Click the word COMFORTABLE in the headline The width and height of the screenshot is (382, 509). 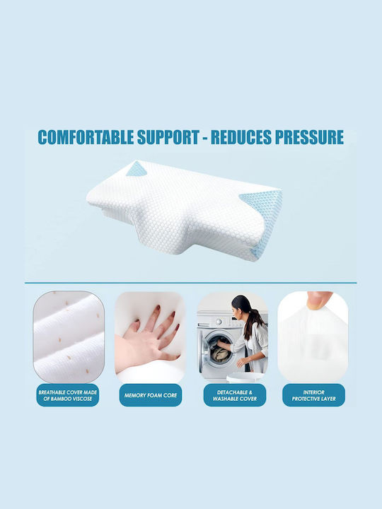coord(86,137)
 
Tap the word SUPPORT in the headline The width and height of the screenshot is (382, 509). coord(168,137)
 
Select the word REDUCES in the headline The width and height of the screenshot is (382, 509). coord(241,137)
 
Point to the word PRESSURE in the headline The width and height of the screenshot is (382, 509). coord(309,137)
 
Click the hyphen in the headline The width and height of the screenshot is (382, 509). coord(205,138)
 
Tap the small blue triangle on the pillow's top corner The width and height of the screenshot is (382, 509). coord(137,169)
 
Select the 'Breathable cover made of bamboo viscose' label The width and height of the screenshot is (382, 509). coord(68,395)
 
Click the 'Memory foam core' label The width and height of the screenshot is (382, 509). coord(151,395)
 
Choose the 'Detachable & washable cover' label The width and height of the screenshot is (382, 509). coord(235,395)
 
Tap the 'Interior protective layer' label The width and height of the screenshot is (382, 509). coord(313,395)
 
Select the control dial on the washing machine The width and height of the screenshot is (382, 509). coord(220,322)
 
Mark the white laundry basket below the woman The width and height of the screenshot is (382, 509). coord(244,378)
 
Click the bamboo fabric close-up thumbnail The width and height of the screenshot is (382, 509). coord(69,337)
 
